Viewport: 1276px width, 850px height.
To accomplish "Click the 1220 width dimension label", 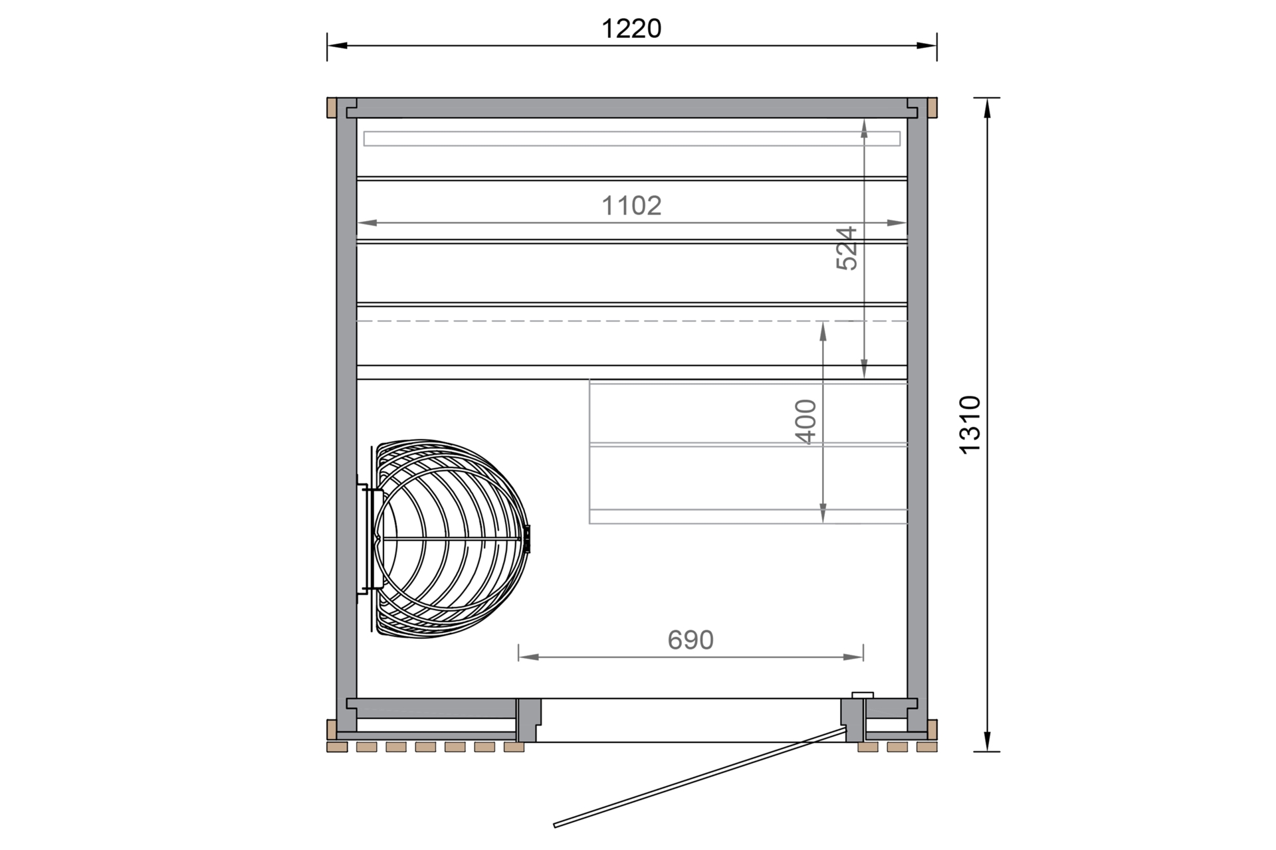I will coord(631,29).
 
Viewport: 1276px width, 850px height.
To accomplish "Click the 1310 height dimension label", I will coord(970,424).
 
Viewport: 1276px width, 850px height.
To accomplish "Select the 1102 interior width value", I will coord(631,206).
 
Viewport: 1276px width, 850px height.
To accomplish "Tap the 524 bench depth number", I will coord(847,248).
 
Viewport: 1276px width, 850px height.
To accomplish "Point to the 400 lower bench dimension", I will coord(805,421).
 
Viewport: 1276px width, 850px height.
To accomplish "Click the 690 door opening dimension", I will coord(691,639).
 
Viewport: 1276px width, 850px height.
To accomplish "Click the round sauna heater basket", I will coord(452,539).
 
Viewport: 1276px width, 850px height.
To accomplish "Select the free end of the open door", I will coord(556,825).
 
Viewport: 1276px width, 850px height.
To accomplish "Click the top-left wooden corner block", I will coord(331,108).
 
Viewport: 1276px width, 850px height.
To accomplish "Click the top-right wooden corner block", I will coord(932,108).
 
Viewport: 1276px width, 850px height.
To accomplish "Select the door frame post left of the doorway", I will coord(528,720).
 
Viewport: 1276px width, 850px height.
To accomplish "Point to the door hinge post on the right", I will coord(852,720).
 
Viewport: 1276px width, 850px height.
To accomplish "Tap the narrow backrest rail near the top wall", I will coord(631,139).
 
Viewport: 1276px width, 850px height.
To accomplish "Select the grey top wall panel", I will coord(631,108).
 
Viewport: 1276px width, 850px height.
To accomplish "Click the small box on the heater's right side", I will coord(528,539).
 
